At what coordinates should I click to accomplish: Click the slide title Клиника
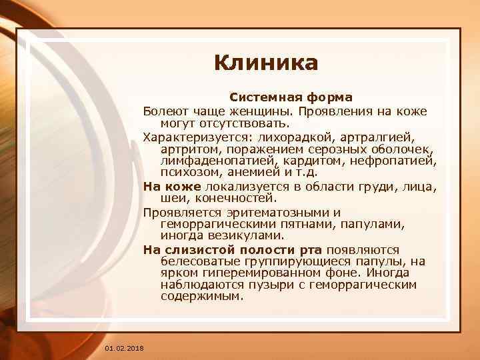coord(267,63)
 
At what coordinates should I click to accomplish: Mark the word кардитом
coord(311,161)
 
